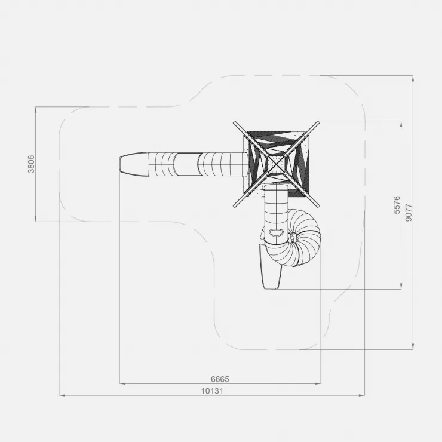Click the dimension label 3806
tap(31, 164)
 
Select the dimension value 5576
tap(397, 205)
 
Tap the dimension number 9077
tap(409, 213)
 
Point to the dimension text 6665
tap(220, 379)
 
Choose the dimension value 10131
tap(212, 391)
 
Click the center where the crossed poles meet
tap(276, 164)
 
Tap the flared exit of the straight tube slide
tap(134, 164)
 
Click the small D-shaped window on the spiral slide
tap(276, 232)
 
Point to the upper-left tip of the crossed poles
tap(234, 122)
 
